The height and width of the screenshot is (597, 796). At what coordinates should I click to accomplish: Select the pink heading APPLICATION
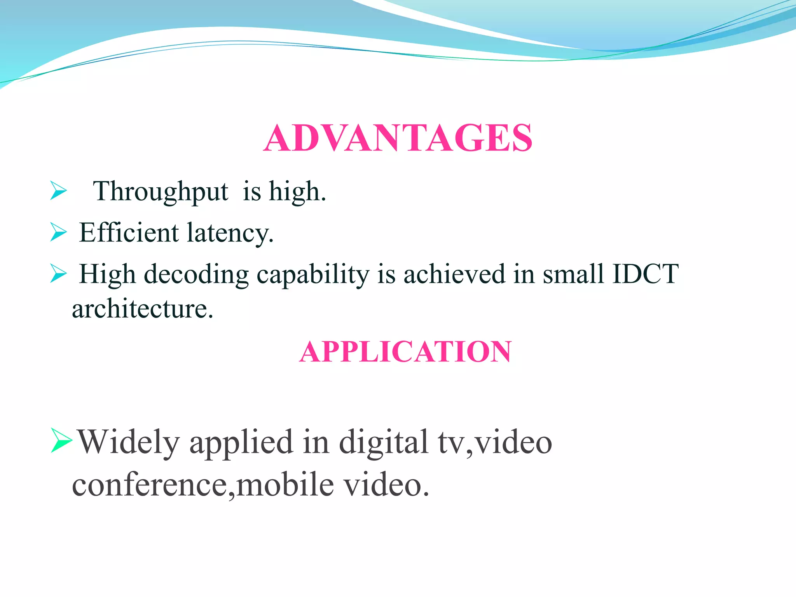tap(405, 351)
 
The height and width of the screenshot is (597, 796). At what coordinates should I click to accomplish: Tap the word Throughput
tap(160, 192)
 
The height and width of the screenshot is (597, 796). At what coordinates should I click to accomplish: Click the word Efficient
tap(129, 232)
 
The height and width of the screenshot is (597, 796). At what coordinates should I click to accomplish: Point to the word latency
tap(230, 233)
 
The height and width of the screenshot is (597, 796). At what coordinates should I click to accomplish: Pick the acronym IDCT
tap(646, 274)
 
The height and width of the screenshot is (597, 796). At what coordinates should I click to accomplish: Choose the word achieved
tap(454, 274)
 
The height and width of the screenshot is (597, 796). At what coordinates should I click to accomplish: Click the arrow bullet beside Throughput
tap(58, 191)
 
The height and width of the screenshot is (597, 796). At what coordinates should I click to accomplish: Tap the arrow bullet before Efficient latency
tap(58, 232)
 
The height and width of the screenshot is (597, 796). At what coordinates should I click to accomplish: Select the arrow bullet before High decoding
tap(58, 273)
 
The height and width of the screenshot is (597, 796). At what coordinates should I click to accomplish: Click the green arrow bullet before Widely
tap(61, 441)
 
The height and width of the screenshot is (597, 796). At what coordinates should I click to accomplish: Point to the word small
tap(573, 274)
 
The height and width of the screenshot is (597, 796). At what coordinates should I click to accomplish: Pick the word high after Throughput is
tap(297, 192)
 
